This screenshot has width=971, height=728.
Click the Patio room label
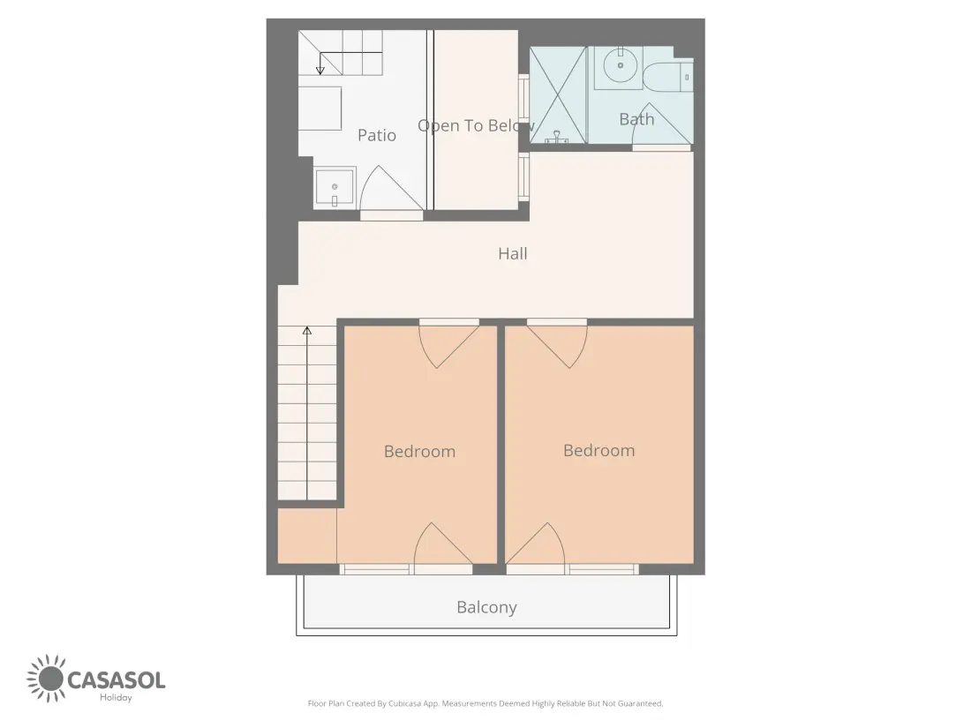click(377, 135)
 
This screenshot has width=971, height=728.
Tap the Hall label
click(513, 253)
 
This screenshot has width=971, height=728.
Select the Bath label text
click(636, 119)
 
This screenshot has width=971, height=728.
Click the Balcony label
click(486, 607)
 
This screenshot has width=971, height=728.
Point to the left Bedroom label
click(420, 451)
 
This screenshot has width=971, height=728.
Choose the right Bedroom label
click(598, 450)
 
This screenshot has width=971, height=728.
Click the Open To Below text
click(476, 125)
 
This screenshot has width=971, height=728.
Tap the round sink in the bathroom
click(620, 64)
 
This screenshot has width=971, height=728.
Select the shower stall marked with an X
click(558, 95)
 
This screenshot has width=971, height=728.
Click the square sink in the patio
click(335, 188)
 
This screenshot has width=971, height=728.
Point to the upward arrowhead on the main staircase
click(306, 331)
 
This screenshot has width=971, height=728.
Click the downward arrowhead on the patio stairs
click(320, 71)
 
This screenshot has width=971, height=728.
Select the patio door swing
click(391, 189)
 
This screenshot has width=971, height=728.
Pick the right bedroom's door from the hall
click(557, 344)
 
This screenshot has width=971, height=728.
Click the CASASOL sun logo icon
click(46, 679)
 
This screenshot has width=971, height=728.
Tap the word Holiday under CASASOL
click(116, 698)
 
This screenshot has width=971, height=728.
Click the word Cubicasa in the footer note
click(405, 703)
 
